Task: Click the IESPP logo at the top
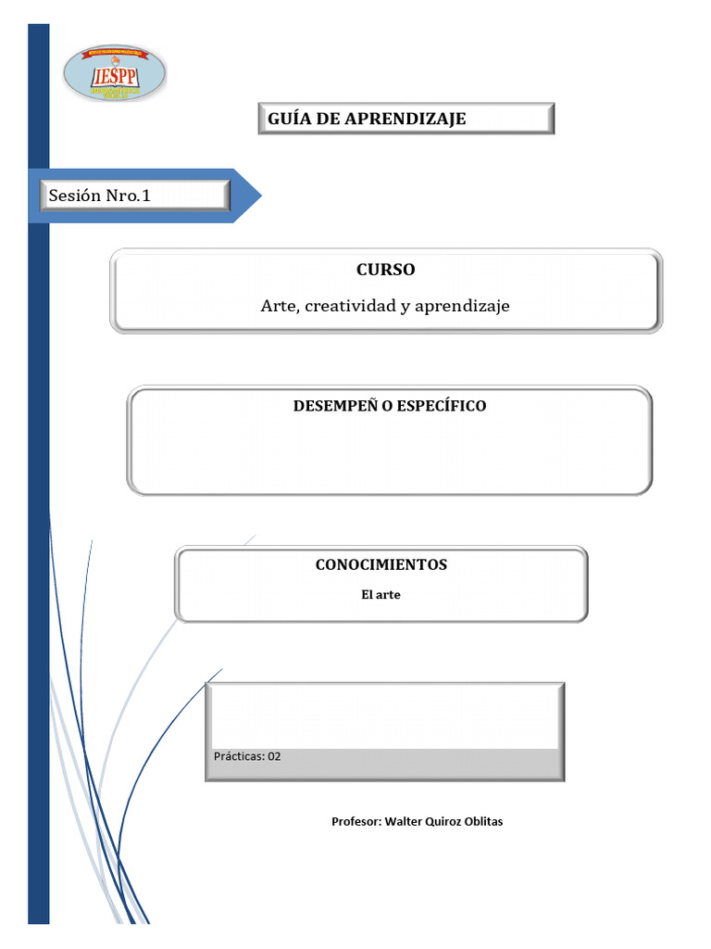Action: tap(115, 73)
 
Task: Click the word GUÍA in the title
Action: tap(289, 119)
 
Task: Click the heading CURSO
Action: tap(385, 270)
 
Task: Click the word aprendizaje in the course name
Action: tap(462, 305)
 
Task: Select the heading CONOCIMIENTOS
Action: tap(380, 564)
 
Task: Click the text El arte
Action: tap(380, 595)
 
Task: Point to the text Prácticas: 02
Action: tap(247, 756)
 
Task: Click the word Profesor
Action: tap(355, 822)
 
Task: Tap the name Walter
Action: tap(404, 822)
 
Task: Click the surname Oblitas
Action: tap(483, 822)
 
